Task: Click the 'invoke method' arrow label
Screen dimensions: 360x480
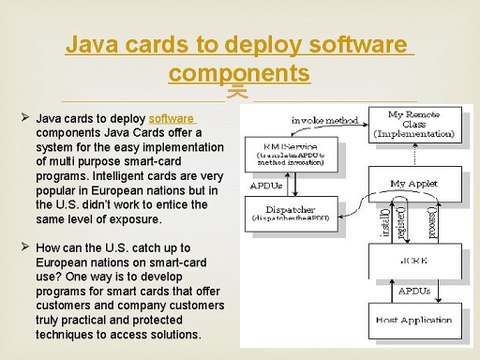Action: (325, 120)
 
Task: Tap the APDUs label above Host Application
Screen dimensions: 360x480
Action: (415, 291)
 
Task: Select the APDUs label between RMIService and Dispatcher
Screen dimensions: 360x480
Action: (267, 185)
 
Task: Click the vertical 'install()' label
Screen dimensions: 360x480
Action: (385, 219)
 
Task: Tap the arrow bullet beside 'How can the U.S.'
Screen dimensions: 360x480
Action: (25, 246)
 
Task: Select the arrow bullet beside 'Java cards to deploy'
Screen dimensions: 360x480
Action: (25, 118)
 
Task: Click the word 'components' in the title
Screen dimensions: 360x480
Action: (239, 73)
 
